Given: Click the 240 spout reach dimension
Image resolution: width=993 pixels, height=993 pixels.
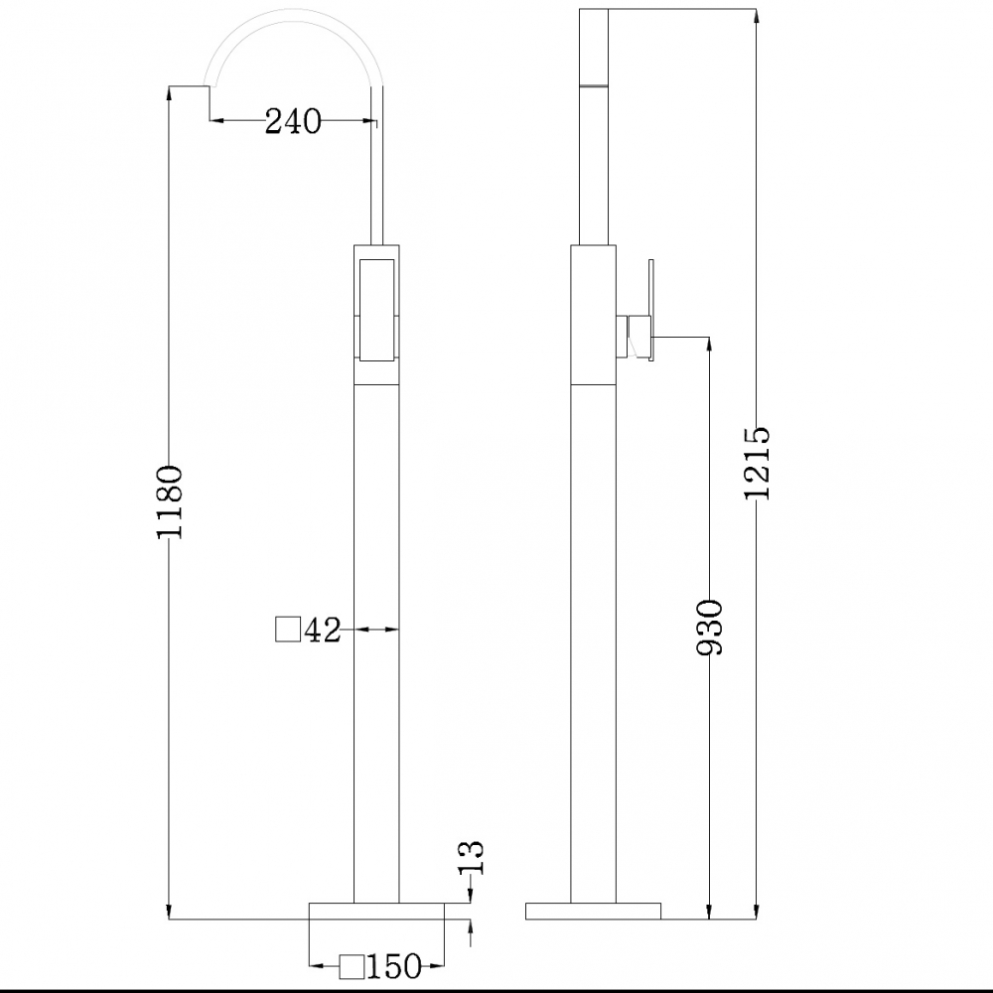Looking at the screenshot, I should pos(293,122).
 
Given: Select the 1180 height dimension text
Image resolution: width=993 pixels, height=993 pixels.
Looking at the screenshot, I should pos(170,501).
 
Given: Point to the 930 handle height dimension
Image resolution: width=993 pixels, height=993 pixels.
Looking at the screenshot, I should pos(710,627).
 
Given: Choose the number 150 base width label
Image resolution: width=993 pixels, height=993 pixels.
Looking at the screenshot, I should pos(395,965).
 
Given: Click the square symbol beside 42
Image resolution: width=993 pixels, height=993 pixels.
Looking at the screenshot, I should pos(288,630).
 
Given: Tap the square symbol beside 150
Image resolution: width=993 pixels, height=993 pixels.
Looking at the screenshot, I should pos(353,965).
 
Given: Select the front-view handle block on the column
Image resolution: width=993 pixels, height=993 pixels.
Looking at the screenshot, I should pos(376,308).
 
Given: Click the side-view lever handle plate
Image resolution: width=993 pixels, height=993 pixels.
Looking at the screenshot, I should pos(650,307).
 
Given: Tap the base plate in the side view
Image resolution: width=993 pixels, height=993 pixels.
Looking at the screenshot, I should pos(593,911).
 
